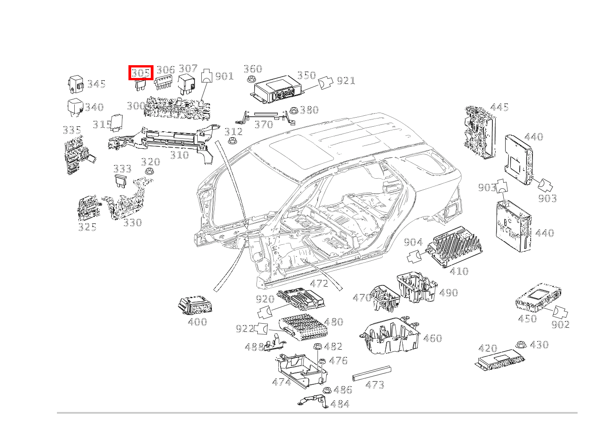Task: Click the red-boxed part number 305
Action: point(141,72)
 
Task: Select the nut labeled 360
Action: point(250,80)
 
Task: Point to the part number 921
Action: point(346,81)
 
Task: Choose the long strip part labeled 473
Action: point(372,373)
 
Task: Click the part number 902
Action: point(560,325)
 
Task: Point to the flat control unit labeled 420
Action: point(499,360)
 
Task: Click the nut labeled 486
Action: point(327,390)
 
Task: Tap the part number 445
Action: point(499,108)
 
